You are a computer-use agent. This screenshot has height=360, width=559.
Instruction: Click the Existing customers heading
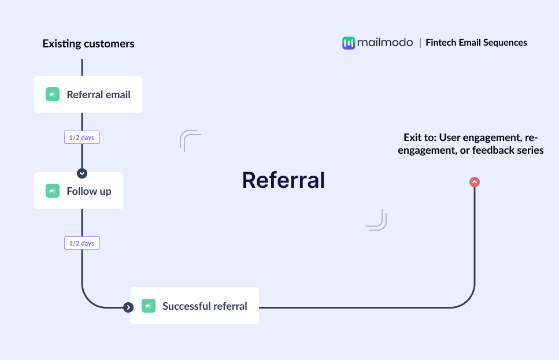click(88, 44)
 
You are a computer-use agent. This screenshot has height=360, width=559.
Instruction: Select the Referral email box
click(88, 94)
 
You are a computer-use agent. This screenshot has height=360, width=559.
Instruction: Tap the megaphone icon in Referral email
click(53, 94)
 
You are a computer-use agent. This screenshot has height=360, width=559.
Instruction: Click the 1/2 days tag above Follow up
click(82, 138)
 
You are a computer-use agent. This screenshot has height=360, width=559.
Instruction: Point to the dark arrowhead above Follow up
click(82, 173)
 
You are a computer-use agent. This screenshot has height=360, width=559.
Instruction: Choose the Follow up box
click(79, 191)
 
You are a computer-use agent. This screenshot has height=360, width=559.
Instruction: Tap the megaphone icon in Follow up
click(53, 191)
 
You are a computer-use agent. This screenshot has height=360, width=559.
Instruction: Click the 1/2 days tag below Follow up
click(82, 243)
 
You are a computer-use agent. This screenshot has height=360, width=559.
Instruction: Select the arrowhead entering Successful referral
click(128, 307)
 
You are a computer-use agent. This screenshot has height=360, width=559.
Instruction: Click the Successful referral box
click(194, 306)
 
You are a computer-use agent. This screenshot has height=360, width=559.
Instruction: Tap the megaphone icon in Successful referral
click(149, 306)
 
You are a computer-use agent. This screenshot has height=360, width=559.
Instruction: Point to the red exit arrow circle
click(475, 182)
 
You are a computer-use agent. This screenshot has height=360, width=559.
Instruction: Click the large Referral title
click(283, 180)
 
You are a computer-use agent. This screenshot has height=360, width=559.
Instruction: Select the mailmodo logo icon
click(348, 43)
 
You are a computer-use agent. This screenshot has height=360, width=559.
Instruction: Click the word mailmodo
click(385, 42)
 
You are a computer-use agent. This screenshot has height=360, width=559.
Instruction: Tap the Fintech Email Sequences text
click(476, 42)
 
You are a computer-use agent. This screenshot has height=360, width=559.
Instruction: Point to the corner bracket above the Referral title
click(190, 140)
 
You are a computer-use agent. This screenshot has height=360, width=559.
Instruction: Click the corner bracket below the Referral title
click(376, 221)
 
